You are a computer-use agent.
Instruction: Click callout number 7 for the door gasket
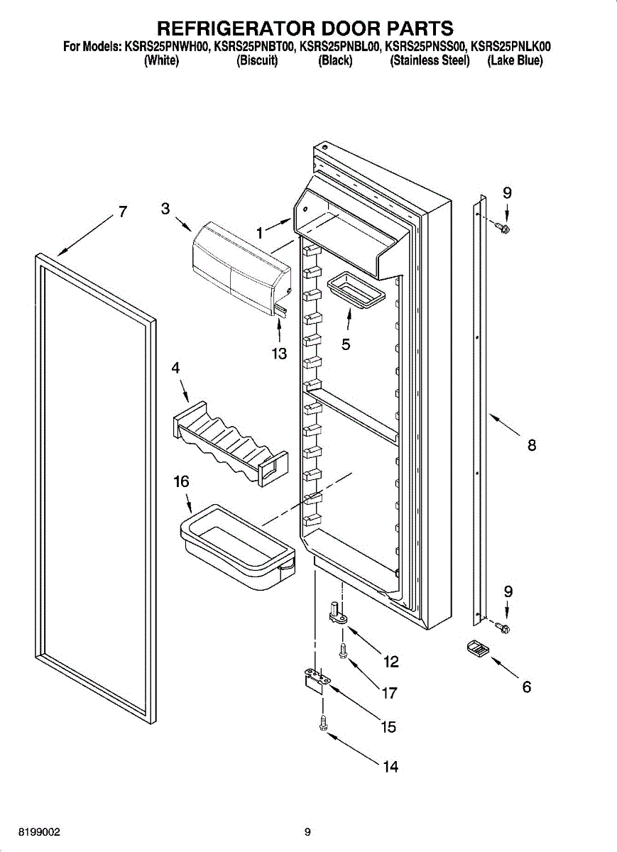click(123, 212)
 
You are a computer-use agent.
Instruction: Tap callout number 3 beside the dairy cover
click(165, 209)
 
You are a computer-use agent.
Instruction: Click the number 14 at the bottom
click(391, 767)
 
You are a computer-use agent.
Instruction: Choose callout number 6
click(526, 687)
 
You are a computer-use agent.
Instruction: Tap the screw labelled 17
click(343, 650)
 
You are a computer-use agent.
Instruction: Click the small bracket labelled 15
click(314, 679)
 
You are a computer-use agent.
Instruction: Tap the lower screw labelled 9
click(504, 628)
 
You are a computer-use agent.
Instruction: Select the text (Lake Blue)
click(515, 61)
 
